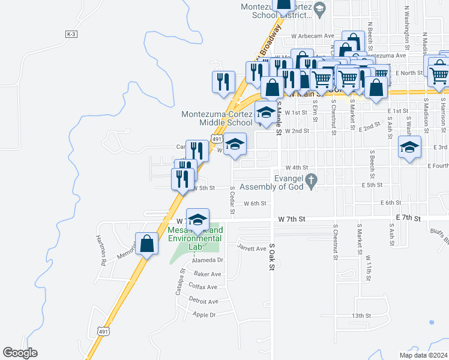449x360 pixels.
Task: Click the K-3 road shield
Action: [71, 34]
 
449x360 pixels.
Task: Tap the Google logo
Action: [20, 353]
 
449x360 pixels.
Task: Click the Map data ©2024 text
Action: [423, 355]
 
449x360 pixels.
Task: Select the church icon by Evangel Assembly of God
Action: [311, 179]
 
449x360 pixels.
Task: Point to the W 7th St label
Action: [292, 220]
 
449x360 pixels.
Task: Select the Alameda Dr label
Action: [207, 260]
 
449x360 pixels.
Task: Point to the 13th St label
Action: [362, 315]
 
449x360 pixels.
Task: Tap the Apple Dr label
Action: [203, 314]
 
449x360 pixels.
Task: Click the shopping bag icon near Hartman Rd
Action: [146, 244]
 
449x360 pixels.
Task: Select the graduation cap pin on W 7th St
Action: [197, 220]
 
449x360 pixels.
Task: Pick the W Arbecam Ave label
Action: [312, 36]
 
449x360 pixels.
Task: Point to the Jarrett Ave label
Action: [252, 248]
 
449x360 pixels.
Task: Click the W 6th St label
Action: [255, 203]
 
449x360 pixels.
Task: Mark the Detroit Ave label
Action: [203, 301]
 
